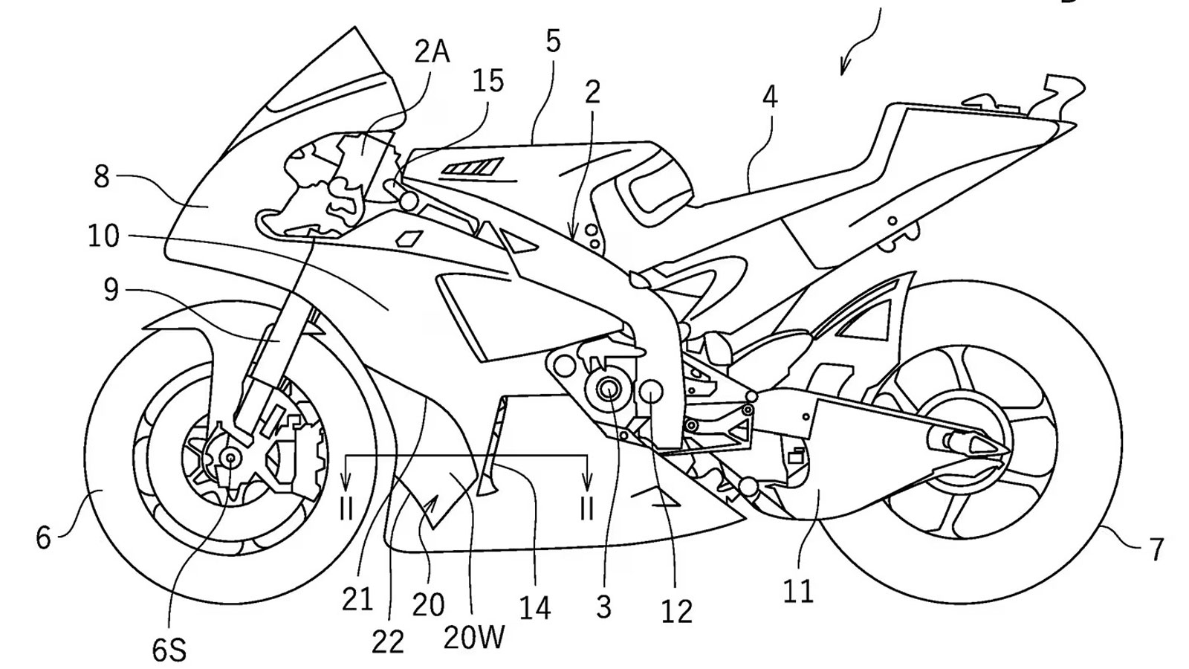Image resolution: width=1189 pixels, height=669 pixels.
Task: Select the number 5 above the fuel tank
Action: [553, 42]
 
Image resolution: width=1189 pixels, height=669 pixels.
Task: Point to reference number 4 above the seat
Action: [770, 97]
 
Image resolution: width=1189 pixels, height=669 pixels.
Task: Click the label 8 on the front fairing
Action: [102, 177]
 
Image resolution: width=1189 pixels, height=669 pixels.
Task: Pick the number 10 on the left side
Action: [103, 236]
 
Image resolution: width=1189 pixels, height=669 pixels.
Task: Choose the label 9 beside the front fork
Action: [110, 290]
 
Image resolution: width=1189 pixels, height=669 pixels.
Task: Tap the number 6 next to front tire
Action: [44, 537]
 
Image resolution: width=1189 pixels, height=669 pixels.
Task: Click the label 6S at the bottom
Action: [169, 650]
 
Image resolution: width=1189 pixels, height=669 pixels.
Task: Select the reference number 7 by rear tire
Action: [1156, 550]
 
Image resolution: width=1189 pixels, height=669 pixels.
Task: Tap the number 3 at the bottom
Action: [603, 607]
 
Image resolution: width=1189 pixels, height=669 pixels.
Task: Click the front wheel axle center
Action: [230, 459]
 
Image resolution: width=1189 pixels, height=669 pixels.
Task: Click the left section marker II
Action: [346, 508]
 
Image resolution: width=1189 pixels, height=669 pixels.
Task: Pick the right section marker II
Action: [587, 508]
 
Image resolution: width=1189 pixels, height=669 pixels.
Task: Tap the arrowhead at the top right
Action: [843, 68]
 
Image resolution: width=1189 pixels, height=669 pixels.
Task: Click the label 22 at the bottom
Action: [388, 641]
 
